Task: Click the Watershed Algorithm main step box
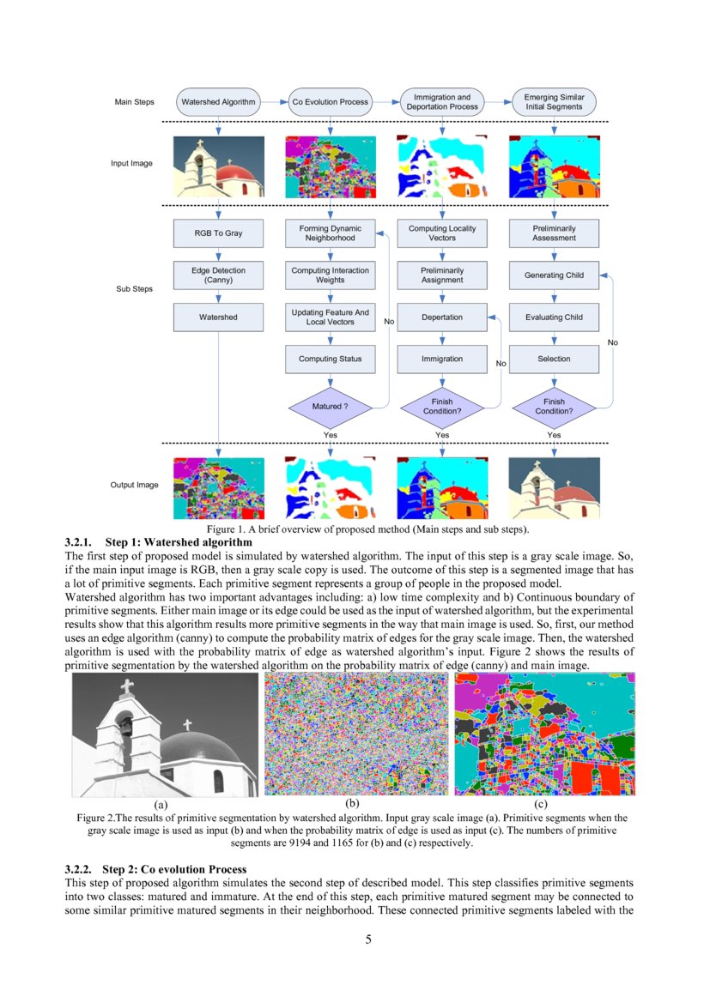click(218, 102)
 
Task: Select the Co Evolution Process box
click(330, 102)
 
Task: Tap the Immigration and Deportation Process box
click(441, 102)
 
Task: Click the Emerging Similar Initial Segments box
click(554, 102)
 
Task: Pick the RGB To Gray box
click(218, 233)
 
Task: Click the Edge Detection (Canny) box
click(218, 275)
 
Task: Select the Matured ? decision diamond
click(330, 406)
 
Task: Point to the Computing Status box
click(330, 359)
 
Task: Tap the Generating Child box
click(554, 275)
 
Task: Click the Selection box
click(554, 359)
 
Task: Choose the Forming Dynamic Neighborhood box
click(330, 233)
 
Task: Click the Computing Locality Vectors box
click(441, 233)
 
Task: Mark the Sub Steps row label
click(134, 289)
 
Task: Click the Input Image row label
click(131, 163)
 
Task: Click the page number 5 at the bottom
click(368, 939)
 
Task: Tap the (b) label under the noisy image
click(351, 804)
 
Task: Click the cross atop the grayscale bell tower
click(127, 687)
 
